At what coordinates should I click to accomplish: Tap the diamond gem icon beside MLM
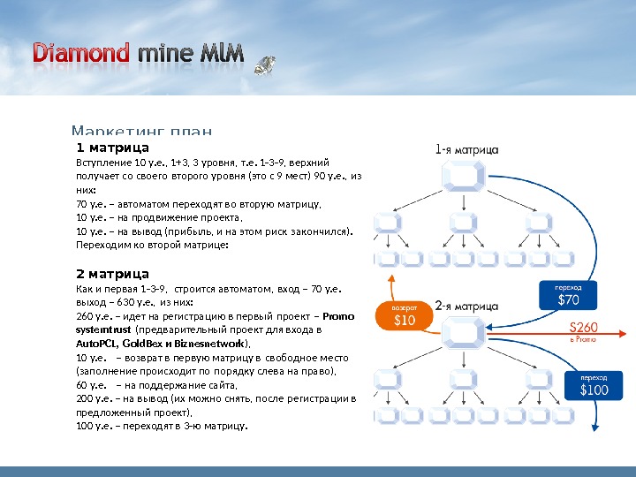click(264, 64)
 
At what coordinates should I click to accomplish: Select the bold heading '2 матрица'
click(112, 273)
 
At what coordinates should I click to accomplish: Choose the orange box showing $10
click(404, 315)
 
